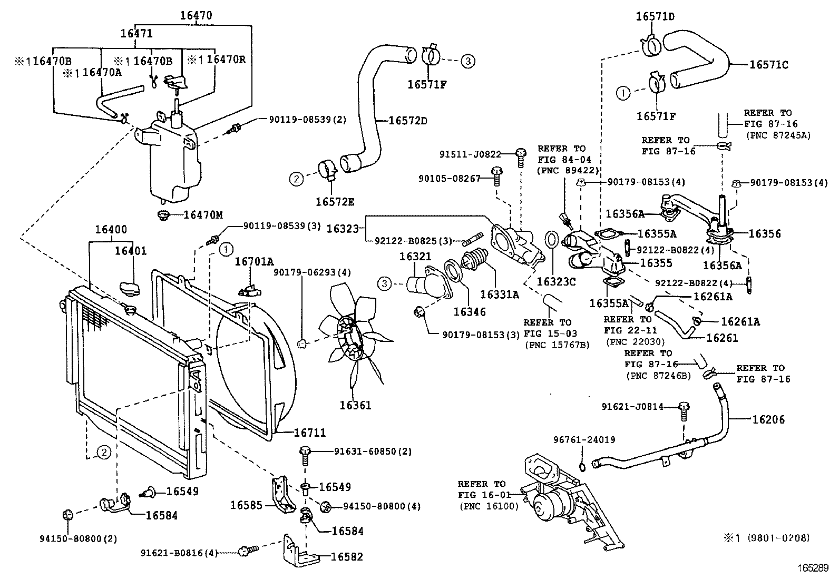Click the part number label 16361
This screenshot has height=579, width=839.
[x=355, y=405]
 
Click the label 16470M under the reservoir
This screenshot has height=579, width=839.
[x=203, y=215]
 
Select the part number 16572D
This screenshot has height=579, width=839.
[x=407, y=121]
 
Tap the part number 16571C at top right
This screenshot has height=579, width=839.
[x=769, y=65]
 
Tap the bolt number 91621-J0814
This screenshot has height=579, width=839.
[x=632, y=407]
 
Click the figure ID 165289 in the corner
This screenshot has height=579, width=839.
[x=813, y=569]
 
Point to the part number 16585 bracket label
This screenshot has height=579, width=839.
[x=246, y=505]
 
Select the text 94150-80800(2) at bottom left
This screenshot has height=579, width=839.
[x=78, y=538]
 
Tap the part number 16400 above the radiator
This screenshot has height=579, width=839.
[x=111, y=230]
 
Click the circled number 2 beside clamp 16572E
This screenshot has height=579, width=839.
[x=296, y=179]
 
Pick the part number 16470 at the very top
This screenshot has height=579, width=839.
[x=196, y=15]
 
